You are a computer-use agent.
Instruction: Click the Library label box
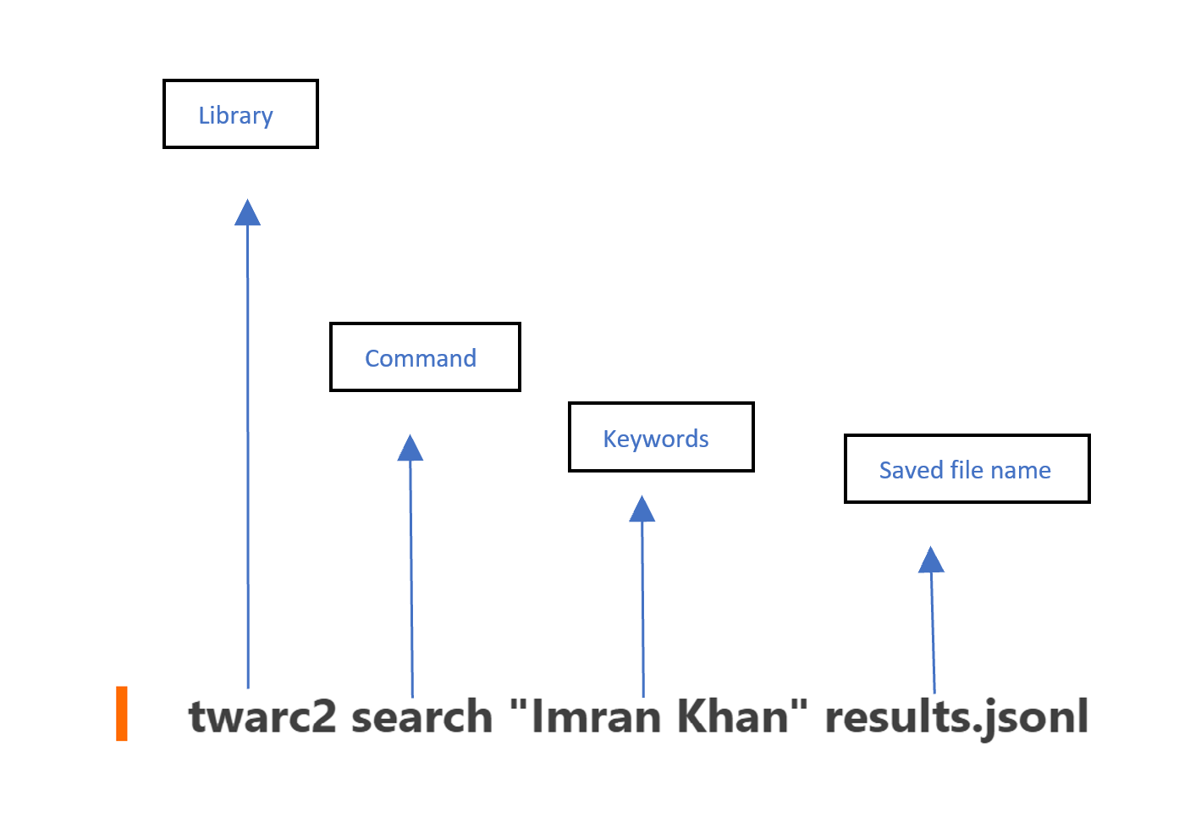240,114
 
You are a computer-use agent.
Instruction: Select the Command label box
425,357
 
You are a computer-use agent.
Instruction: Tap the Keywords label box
660,438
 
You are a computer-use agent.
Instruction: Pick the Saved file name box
967,469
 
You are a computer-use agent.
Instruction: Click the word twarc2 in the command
262,717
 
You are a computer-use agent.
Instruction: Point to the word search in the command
421,717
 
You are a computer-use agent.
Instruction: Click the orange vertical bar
122,714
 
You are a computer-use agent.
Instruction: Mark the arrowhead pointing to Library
247,213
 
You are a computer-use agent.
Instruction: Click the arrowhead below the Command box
410,449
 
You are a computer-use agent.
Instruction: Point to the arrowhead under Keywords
642,510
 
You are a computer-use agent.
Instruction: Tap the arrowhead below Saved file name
931,561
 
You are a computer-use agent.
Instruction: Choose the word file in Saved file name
967,470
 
